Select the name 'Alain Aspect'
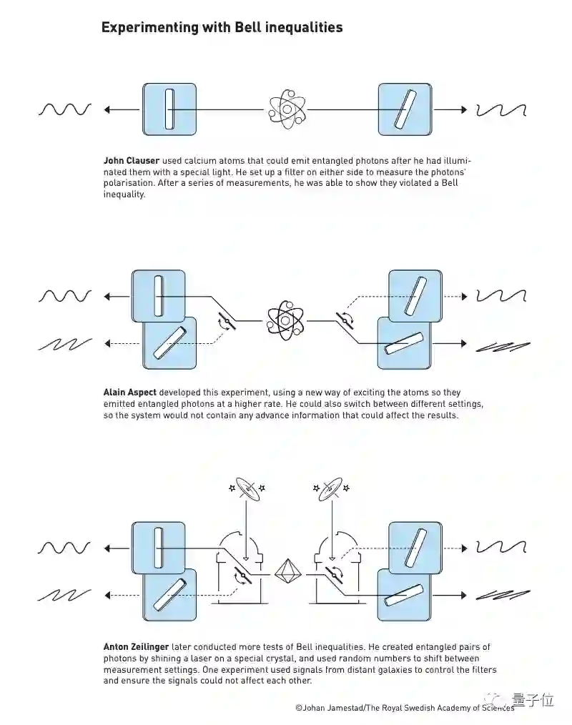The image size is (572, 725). point(129,393)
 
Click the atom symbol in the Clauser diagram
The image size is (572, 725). point(287,109)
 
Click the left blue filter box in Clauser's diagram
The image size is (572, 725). point(169,109)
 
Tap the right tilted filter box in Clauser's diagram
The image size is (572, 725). point(405,109)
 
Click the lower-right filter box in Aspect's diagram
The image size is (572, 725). point(404,343)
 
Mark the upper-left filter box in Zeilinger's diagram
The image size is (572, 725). point(159,548)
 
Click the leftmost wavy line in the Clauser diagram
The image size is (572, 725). point(65,109)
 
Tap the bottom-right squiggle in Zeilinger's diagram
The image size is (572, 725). point(503,594)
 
